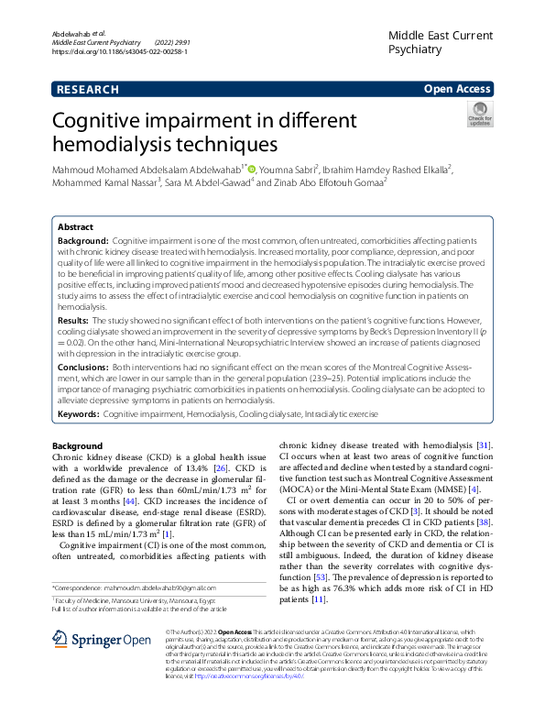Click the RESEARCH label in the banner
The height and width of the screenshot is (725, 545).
point(87,89)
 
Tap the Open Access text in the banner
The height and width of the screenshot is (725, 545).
point(457,89)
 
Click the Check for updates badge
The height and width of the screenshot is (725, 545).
point(479,115)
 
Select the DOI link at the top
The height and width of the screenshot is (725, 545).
point(121,53)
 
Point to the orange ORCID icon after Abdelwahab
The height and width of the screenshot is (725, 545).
point(253,169)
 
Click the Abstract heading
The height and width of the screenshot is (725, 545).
point(75,226)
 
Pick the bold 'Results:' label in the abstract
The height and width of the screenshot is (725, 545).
point(76,322)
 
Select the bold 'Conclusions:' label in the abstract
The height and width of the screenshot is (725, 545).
point(87,366)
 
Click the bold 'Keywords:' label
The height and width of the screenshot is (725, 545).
point(78,414)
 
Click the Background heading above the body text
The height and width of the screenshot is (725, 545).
point(77,446)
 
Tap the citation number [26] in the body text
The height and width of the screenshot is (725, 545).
point(222,467)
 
